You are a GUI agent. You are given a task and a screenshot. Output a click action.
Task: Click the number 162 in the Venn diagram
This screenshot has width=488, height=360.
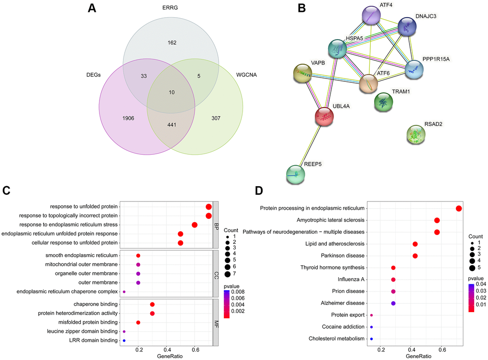tap(172, 43)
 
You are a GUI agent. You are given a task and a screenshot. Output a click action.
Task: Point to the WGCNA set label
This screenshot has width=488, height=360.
tap(246, 75)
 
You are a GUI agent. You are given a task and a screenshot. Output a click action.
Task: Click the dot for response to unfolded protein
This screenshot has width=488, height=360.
tap(209, 206)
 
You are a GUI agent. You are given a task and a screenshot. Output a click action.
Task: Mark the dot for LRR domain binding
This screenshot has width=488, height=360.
tap(124, 340)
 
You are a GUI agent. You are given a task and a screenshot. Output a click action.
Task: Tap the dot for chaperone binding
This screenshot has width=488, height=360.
tap(152, 304)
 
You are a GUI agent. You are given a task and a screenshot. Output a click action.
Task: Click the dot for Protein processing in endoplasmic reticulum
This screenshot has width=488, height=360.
tap(459, 208)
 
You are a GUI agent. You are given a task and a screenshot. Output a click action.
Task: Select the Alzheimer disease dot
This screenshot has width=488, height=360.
tap(393, 304)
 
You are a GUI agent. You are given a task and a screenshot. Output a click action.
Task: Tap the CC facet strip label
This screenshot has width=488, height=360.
tap(216, 273)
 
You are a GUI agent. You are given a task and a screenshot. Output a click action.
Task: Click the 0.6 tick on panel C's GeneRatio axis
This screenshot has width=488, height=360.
tap(195, 349)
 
